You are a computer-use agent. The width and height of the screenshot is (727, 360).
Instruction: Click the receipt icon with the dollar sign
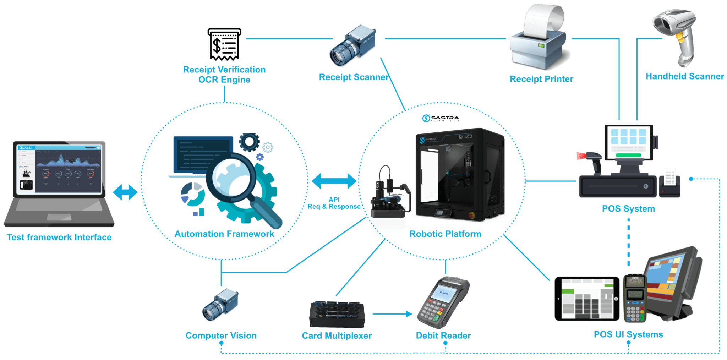point(224,44)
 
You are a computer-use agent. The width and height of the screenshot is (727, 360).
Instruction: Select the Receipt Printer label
point(541,79)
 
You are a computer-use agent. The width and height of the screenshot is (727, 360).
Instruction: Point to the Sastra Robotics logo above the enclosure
point(441,118)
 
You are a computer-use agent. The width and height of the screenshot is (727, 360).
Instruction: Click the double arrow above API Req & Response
point(334,181)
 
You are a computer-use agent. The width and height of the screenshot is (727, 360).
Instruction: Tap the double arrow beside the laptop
point(125,192)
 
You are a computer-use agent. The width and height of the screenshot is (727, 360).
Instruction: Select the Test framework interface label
point(59,237)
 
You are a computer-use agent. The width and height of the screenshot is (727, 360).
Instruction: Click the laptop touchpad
point(59,217)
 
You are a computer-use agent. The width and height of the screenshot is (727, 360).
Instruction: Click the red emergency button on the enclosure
point(472,215)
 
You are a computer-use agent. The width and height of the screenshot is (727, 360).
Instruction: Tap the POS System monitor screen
point(628,142)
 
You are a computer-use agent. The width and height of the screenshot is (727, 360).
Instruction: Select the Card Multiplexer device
point(337,314)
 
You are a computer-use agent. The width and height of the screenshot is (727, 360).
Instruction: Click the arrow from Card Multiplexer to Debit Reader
point(392,314)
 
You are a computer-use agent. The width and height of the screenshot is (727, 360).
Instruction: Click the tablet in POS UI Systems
point(587,299)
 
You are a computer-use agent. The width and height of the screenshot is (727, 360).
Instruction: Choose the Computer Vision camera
point(220,305)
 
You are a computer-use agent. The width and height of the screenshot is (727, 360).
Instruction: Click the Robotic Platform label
point(445,234)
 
